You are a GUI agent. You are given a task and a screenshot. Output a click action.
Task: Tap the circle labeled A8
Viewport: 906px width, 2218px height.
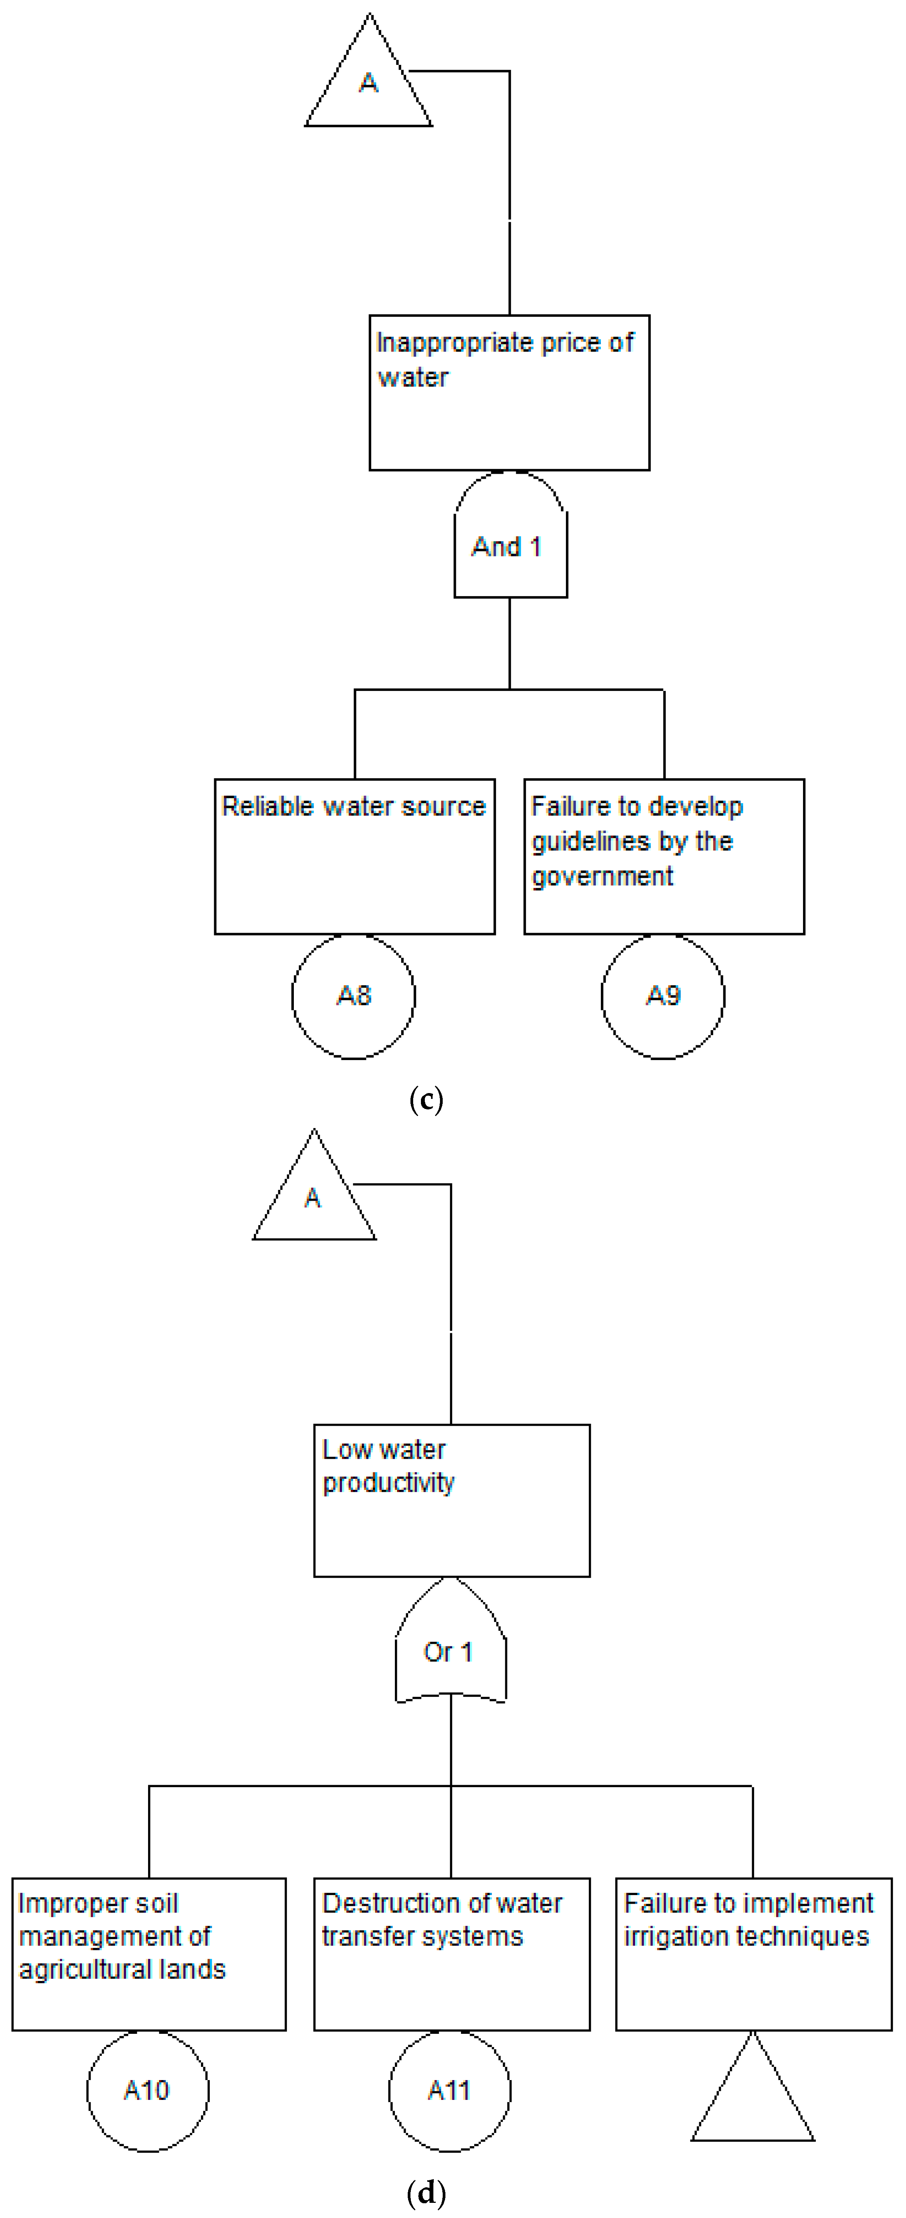[353, 996]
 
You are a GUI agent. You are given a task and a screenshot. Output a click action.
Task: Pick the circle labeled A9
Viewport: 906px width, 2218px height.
[662, 996]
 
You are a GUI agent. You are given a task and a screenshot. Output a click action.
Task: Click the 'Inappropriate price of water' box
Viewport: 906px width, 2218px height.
[509, 392]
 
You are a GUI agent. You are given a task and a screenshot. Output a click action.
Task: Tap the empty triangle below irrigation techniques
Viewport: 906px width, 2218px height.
[753, 2101]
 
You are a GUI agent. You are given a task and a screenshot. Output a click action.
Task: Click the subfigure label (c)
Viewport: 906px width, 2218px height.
[426, 1100]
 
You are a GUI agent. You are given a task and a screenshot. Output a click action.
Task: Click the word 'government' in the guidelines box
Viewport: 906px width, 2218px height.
[602, 877]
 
